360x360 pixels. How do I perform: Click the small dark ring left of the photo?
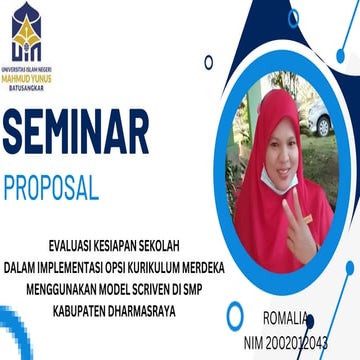coord(208,62)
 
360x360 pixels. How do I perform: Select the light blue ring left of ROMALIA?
coord(234,318)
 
